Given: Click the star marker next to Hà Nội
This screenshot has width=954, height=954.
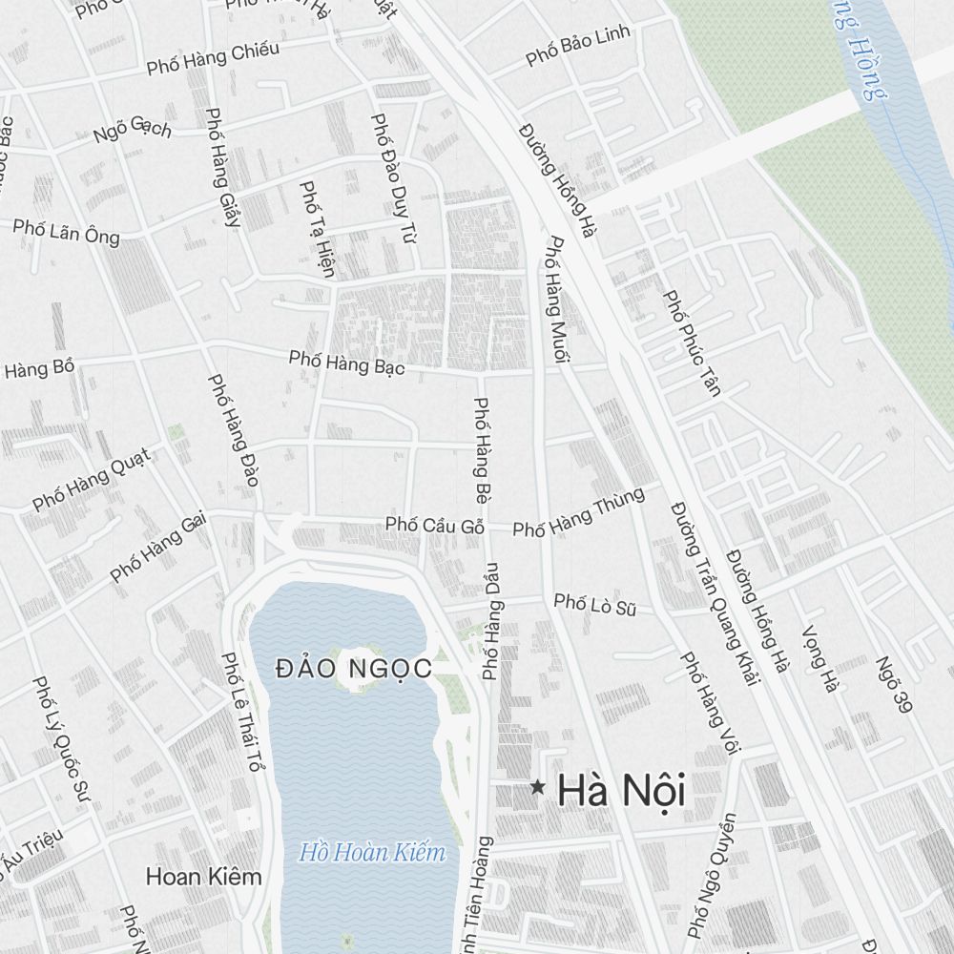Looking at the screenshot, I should click(538, 788).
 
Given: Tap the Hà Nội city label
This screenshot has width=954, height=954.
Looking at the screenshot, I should click(621, 791).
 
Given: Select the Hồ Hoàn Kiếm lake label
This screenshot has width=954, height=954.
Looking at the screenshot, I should click(372, 852).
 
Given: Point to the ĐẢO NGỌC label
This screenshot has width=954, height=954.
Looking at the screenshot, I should click(354, 669).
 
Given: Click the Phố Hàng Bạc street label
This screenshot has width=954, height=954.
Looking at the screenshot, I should click(347, 363).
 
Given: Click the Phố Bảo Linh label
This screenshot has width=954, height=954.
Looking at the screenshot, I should click(578, 47).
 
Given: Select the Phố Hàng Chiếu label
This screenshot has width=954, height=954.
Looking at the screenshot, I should click(213, 59).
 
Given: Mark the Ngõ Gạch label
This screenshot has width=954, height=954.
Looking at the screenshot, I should click(133, 129).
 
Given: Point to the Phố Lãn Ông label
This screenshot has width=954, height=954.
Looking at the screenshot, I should click(67, 231).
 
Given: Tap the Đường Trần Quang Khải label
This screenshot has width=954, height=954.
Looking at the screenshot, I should click(714, 593).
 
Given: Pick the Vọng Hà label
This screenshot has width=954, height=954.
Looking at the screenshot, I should click(819, 658).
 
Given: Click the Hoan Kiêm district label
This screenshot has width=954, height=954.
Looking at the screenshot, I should click(203, 877).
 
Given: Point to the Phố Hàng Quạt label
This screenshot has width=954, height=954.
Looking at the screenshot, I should click(92, 479).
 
